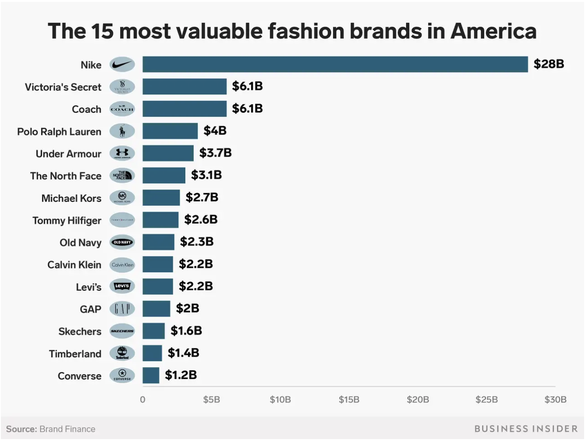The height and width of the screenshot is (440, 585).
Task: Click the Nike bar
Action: click(x=335, y=64)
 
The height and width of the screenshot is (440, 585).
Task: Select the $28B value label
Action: click(x=549, y=64)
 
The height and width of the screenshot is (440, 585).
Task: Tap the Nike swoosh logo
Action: click(x=122, y=65)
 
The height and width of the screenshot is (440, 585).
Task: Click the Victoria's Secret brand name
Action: click(x=63, y=87)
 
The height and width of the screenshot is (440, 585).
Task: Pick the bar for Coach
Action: click(x=184, y=109)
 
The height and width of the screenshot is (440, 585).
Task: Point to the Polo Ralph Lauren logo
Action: click(x=122, y=131)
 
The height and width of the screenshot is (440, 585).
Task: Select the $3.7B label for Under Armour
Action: click(x=215, y=153)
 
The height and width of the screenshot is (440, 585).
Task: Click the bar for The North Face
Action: click(x=164, y=175)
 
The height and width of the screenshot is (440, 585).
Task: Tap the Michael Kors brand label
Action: click(x=71, y=198)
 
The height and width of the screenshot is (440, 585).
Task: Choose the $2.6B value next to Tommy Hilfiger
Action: click(x=200, y=220)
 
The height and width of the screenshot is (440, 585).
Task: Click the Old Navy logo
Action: click(x=122, y=242)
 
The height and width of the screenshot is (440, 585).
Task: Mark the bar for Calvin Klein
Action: click(x=157, y=264)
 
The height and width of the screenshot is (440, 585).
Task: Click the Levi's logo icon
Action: click(x=122, y=287)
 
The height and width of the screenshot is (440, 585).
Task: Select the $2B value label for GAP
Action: click(x=187, y=308)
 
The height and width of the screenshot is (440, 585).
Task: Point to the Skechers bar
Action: click(x=153, y=331)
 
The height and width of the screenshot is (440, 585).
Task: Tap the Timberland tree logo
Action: click(x=122, y=353)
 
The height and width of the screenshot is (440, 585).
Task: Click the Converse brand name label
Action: click(x=79, y=376)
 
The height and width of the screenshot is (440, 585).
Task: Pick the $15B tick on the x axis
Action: click(x=349, y=399)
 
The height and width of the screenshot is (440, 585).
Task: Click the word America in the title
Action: click(x=493, y=31)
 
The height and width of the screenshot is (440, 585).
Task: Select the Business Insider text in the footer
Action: click(x=526, y=429)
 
